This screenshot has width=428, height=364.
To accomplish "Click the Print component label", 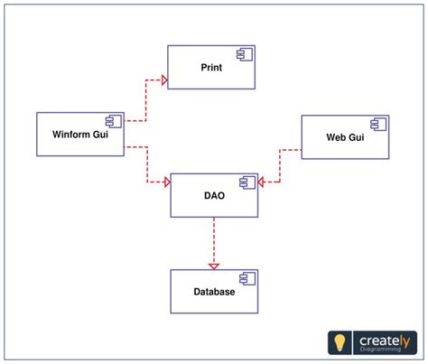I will point(211,68).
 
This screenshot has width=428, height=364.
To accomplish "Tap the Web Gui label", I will point(344,137).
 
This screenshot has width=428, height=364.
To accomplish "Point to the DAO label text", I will point(214,195).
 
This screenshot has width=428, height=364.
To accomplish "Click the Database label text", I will point(214,292).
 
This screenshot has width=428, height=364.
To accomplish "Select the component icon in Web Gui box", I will point(377,125).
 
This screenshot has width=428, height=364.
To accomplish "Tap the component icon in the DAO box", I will point(247,183).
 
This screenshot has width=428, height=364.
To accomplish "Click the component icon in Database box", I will point(247,280).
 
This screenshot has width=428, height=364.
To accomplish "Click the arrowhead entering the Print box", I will point(163,79).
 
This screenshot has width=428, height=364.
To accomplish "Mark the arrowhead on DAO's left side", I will point(166,182).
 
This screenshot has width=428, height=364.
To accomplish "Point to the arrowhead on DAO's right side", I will point(263,182).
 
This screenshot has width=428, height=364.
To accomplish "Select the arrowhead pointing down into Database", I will point(214,266).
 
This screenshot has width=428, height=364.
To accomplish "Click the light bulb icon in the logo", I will point(340,341).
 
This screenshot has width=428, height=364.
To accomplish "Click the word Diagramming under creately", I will point(377,351).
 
